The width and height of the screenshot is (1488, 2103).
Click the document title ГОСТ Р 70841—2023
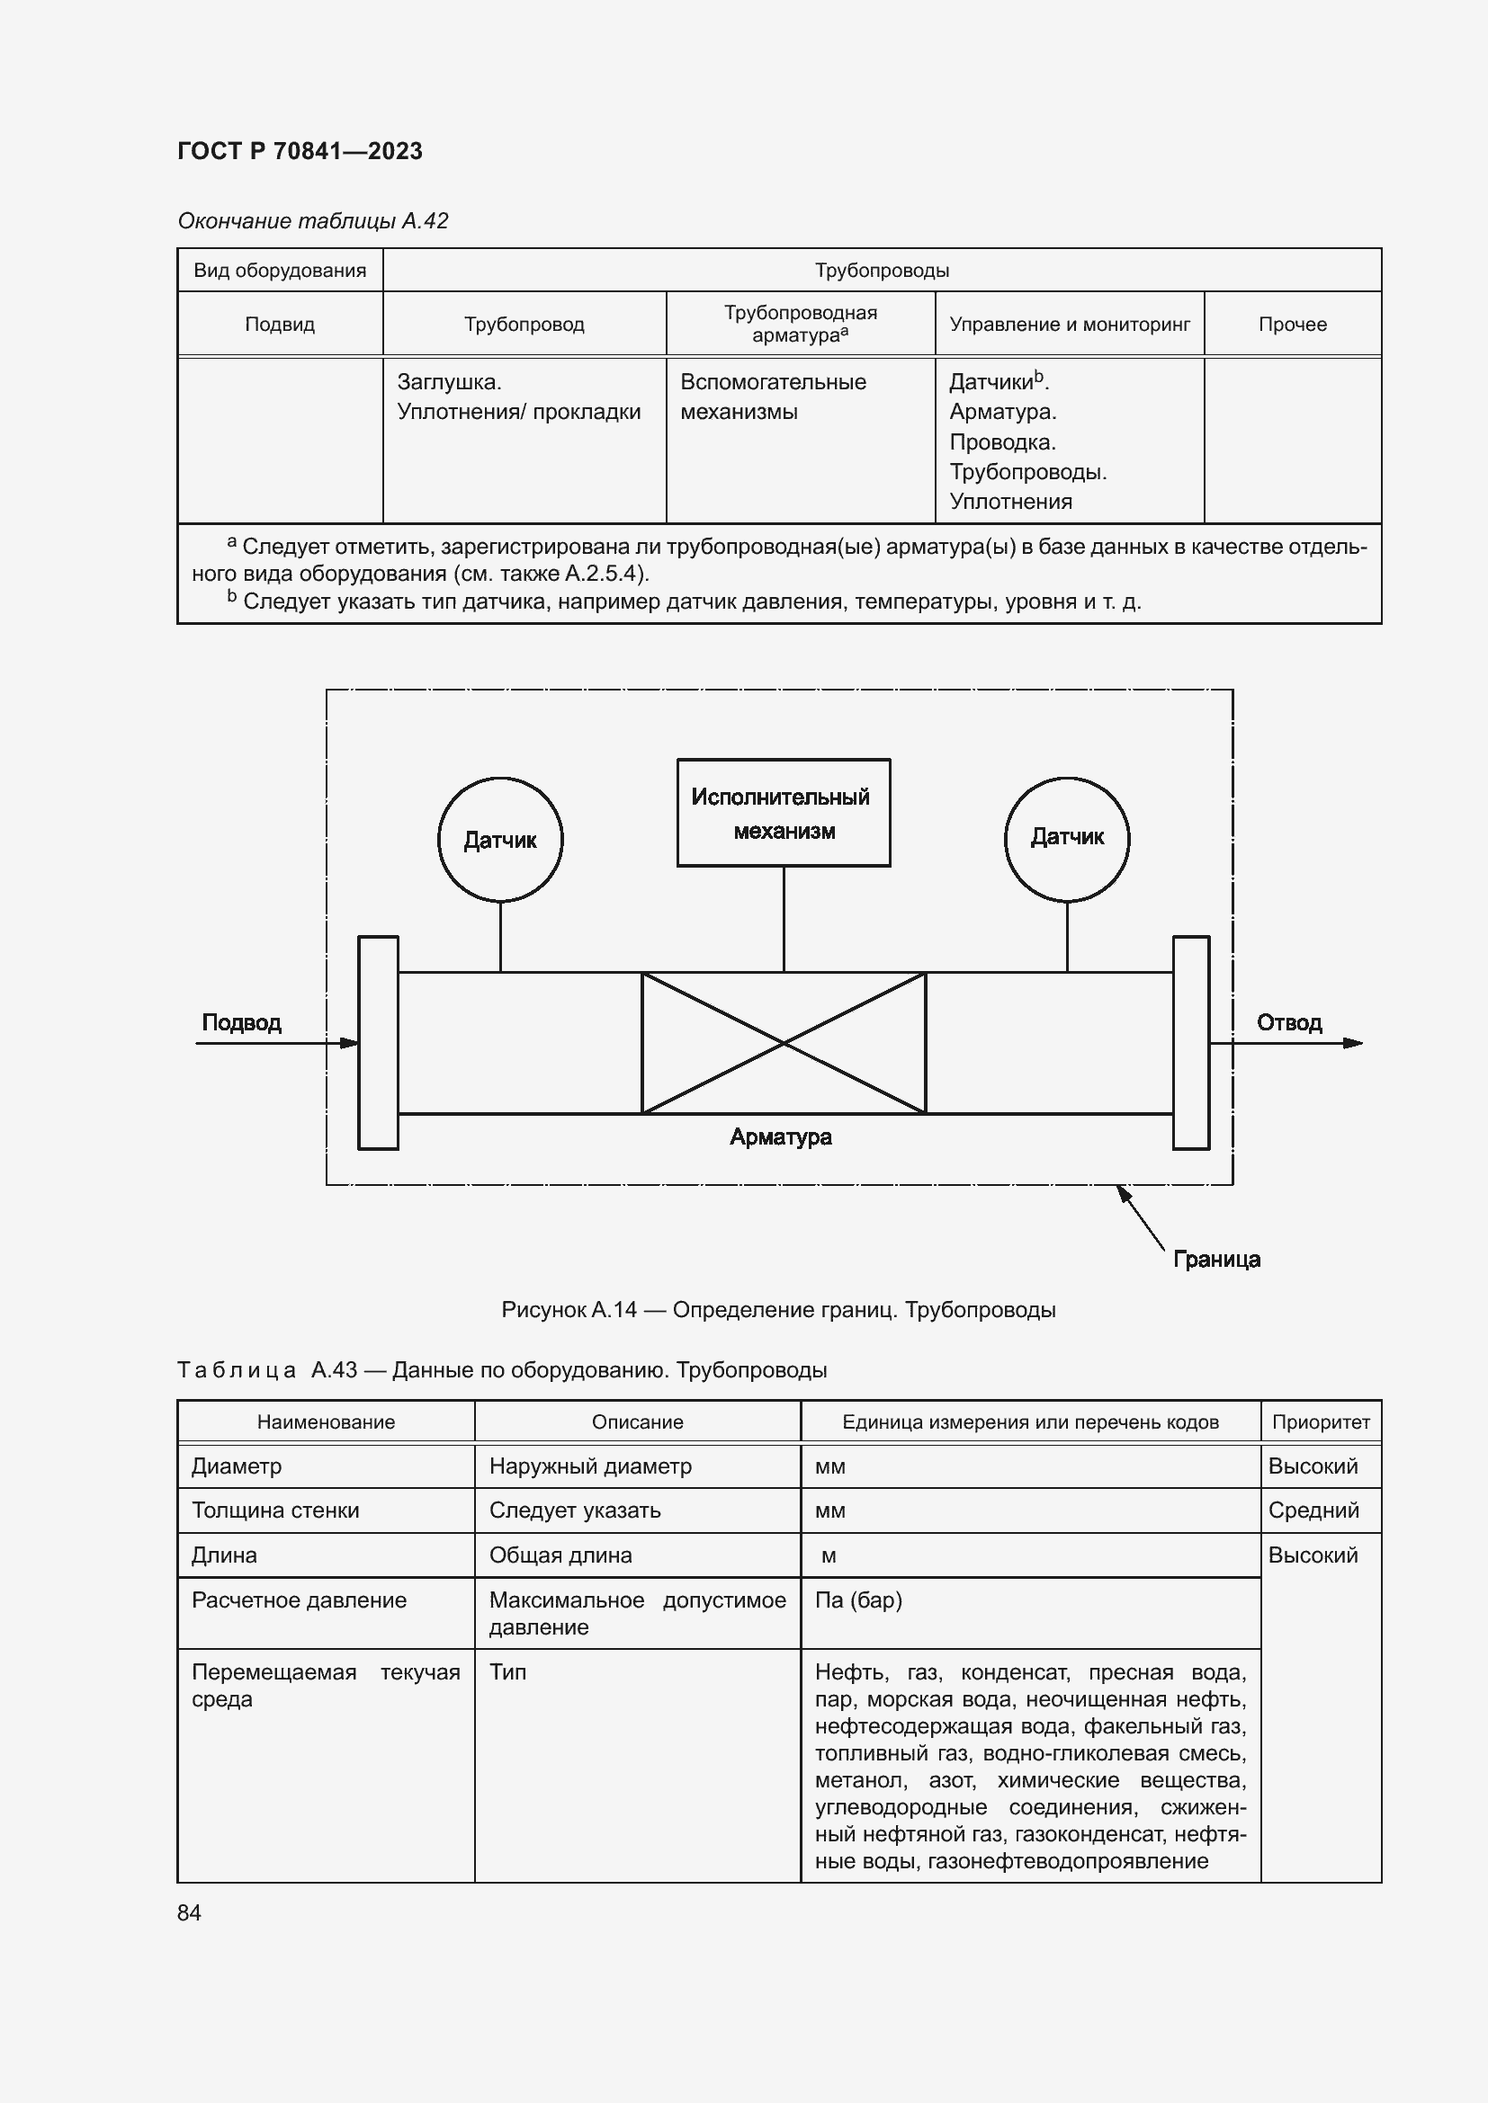point(300,151)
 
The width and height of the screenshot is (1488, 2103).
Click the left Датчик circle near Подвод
point(500,839)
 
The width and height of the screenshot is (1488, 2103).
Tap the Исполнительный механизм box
point(783,813)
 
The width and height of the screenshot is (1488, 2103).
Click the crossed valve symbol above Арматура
point(783,1042)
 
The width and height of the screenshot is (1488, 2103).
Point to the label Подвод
point(241,1022)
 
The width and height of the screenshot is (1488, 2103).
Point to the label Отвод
point(1288,1022)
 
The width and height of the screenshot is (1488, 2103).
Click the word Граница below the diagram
point(1216,1260)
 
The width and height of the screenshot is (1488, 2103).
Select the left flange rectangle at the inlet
point(378,1042)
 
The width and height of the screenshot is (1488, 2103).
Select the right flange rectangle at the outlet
point(1190,1042)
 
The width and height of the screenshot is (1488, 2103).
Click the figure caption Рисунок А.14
point(778,1310)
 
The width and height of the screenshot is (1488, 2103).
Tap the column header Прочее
point(1292,325)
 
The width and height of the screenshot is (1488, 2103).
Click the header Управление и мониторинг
point(1070,325)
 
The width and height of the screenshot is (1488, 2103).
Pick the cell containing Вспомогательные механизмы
point(773,397)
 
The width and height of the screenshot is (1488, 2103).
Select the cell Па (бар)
point(858,1600)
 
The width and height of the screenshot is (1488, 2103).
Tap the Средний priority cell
point(1313,1510)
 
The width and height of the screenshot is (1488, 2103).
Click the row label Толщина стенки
point(275,1510)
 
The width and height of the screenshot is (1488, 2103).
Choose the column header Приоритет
point(1321,1422)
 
